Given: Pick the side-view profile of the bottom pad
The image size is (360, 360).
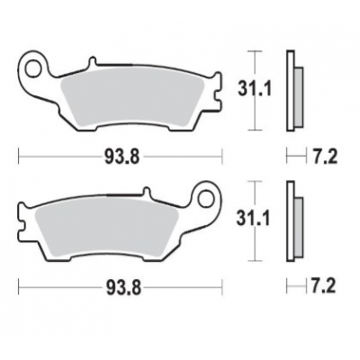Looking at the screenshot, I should point(291,221).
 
